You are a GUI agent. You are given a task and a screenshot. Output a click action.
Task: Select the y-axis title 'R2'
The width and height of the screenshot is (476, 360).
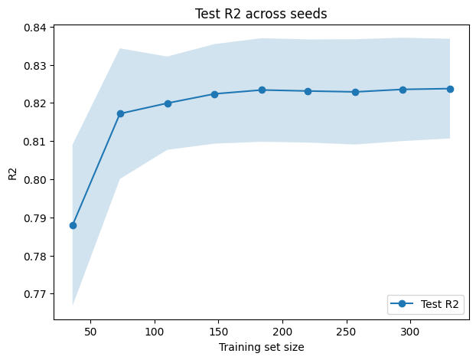click(11, 173)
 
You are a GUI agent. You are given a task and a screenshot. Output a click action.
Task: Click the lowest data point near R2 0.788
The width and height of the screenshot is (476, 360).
click(73, 225)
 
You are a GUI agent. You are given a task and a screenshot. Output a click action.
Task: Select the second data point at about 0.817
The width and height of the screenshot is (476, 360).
click(120, 113)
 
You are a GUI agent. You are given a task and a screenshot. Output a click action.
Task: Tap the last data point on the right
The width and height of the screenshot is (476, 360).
click(450, 89)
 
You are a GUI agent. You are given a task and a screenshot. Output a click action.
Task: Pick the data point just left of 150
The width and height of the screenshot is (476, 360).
click(214, 94)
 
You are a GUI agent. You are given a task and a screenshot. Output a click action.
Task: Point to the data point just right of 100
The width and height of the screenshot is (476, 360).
click(168, 103)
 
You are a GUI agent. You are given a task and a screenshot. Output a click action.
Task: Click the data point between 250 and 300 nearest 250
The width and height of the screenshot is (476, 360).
click(356, 92)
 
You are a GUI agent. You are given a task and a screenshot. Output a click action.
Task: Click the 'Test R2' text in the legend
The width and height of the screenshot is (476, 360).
click(440, 304)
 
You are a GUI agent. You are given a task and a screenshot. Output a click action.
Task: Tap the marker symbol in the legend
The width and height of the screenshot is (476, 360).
click(404, 304)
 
